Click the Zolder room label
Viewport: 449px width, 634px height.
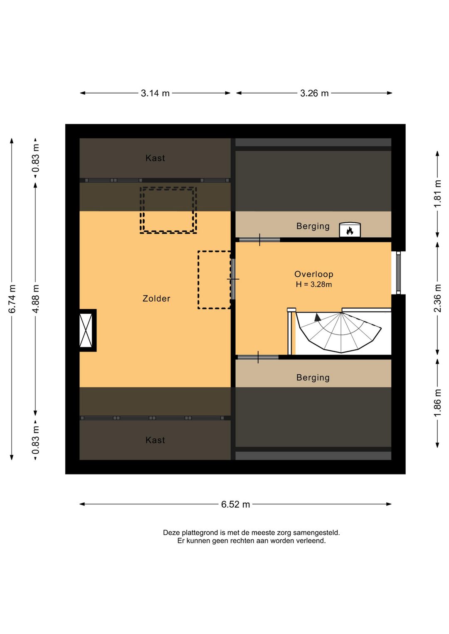point(156,299)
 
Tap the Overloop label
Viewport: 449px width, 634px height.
point(313,274)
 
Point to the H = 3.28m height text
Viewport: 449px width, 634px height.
point(313,285)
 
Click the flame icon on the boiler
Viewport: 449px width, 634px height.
point(350,231)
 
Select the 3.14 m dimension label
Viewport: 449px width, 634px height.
point(155,93)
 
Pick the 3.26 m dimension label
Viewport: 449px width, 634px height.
point(314,93)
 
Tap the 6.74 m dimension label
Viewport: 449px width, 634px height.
point(12,299)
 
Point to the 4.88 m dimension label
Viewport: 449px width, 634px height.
point(35,299)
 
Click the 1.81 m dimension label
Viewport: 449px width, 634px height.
point(437,194)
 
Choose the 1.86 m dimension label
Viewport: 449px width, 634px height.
point(437,403)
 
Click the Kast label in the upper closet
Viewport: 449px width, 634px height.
point(155,158)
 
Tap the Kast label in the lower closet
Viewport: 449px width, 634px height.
point(155,440)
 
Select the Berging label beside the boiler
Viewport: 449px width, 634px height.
point(313,226)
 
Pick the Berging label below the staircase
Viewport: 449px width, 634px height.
point(313,378)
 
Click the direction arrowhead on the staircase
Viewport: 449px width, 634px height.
point(318,317)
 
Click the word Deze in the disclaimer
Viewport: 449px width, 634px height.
point(172,533)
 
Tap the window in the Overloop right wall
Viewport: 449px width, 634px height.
point(398,273)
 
